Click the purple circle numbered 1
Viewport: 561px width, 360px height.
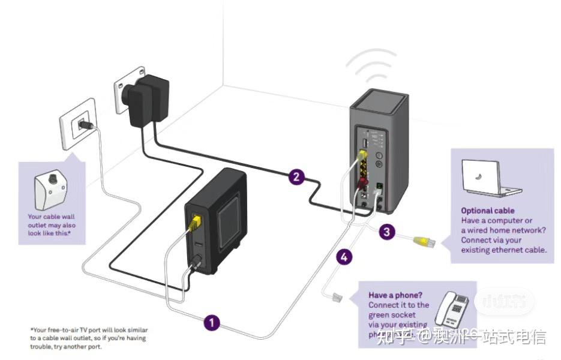click(x=211, y=323)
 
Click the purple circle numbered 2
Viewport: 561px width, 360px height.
click(x=295, y=176)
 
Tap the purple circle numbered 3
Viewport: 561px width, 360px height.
click(x=387, y=232)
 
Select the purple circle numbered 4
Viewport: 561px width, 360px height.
click(x=344, y=257)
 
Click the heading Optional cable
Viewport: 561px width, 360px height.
click(x=487, y=211)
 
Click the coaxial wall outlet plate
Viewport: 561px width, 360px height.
click(x=78, y=124)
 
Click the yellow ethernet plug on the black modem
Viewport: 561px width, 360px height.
click(x=194, y=224)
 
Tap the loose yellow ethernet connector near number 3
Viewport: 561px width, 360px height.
click(x=425, y=242)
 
